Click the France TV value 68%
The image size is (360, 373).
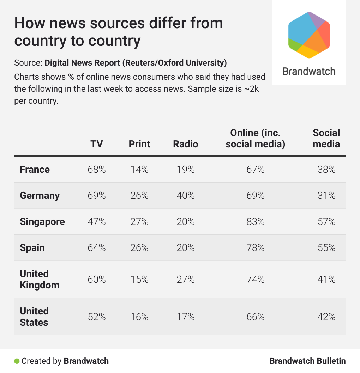[x=97, y=170]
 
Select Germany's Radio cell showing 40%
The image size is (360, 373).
[x=186, y=196]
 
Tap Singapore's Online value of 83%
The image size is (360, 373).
[x=256, y=222]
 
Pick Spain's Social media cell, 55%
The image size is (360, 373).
[x=326, y=248]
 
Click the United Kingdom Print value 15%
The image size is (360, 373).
[x=139, y=280]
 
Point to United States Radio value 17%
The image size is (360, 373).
[x=186, y=317]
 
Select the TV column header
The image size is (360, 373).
[x=97, y=144]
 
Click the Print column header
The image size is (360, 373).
[x=139, y=144]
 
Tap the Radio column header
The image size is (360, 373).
[x=186, y=144]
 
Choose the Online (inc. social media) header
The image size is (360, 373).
[x=256, y=138]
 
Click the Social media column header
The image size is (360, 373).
[x=326, y=138]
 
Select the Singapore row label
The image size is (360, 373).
[x=42, y=222]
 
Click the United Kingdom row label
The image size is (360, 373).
[x=40, y=280]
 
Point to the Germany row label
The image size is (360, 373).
[x=40, y=196]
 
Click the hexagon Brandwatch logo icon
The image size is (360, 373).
[x=309, y=35]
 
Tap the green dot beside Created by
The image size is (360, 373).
[x=17, y=361]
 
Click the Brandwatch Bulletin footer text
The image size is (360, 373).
[x=307, y=361]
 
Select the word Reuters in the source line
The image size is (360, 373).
[x=139, y=63]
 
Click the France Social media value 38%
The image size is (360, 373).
[x=326, y=170]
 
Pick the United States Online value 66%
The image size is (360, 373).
[x=256, y=317]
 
